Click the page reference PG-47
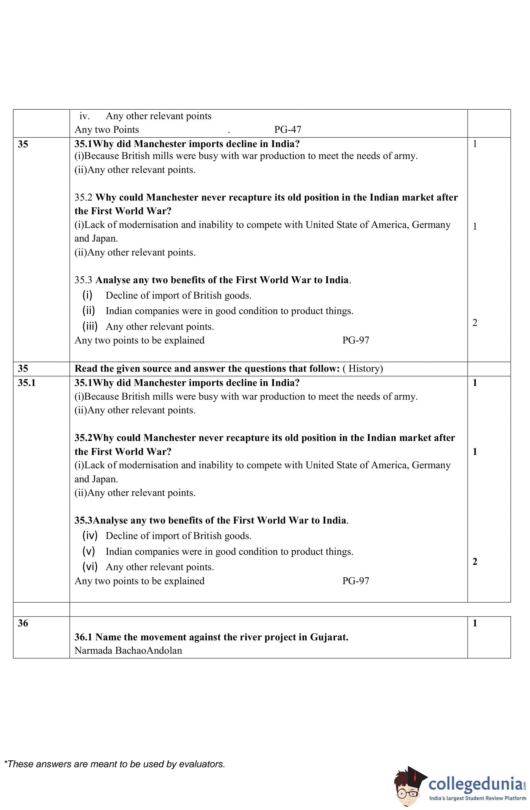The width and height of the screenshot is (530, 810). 287,130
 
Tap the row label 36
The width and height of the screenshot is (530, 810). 23,623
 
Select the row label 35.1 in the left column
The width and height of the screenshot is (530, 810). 26,383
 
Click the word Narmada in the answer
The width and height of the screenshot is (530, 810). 93,650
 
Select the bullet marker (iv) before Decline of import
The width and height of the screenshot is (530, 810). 90,535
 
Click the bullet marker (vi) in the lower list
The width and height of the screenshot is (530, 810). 90,567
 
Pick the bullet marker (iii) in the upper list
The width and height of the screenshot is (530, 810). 90,326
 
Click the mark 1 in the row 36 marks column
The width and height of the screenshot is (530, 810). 475,623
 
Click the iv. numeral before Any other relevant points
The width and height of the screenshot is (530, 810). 84,116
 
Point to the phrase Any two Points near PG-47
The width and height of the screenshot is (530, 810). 107,130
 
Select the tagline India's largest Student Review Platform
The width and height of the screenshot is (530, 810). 477,798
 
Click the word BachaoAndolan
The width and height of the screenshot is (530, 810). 149,650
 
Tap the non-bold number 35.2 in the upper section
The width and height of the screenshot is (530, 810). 83,197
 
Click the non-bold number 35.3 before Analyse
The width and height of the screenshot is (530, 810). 83,280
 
